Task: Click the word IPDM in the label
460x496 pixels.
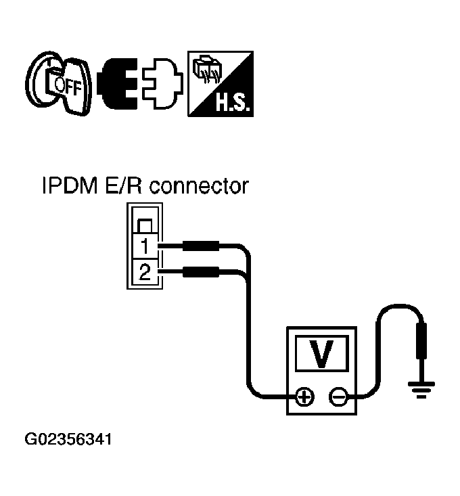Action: pyautogui.click(x=69, y=186)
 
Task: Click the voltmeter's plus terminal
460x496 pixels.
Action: pyautogui.click(x=305, y=397)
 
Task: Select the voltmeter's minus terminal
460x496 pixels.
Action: pyautogui.click(x=337, y=397)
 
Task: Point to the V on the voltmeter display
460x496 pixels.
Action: pyautogui.click(x=321, y=353)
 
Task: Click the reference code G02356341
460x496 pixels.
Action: pyautogui.click(x=68, y=440)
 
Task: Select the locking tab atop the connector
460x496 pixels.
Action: pyautogui.click(x=144, y=225)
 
